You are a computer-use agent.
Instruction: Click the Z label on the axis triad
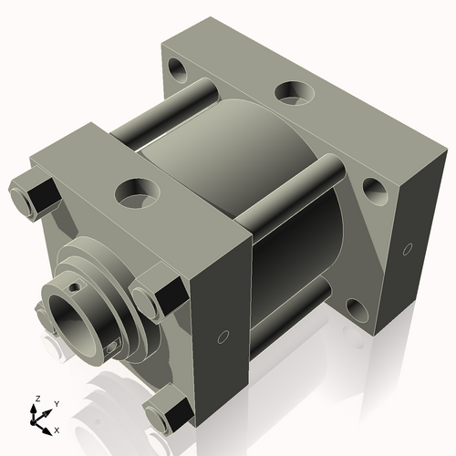click(x=35, y=399)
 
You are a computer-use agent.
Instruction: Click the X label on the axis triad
click(x=57, y=429)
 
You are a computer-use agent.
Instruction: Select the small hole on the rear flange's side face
click(x=406, y=246)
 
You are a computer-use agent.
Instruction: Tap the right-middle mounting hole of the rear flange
click(x=372, y=189)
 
